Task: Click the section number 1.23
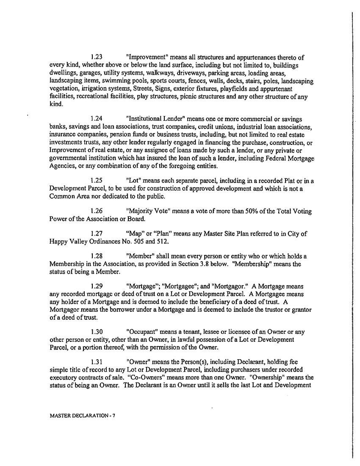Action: (97, 58)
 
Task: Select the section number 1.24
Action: (97, 119)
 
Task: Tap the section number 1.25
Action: (97, 181)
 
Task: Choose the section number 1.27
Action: (97, 234)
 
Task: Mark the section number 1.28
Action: (97, 256)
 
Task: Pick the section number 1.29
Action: (97, 287)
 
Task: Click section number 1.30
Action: (97, 332)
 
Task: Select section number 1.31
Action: (97, 362)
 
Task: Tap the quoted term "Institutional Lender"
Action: (159, 119)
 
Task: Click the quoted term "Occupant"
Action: (142, 332)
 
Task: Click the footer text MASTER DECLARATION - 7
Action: (82, 416)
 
